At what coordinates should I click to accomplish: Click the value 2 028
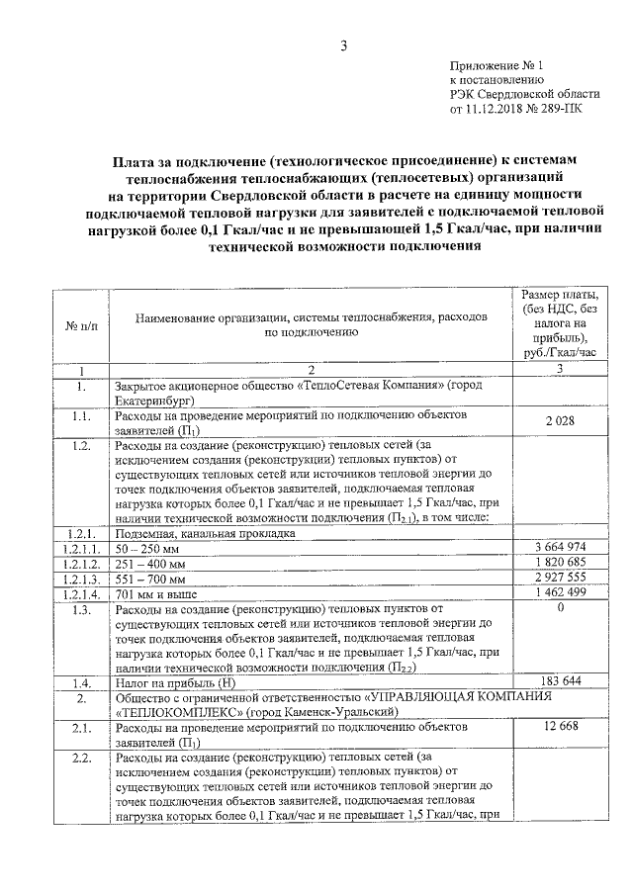point(560,420)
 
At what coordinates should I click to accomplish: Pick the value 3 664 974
point(560,547)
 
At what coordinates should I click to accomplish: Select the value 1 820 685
point(560,563)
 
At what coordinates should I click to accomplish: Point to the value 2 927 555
point(560,578)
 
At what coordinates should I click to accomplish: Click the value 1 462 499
point(560,592)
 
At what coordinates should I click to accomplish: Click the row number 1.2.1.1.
point(80,548)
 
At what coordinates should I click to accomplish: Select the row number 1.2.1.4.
point(80,594)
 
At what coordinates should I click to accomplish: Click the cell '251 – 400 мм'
point(151,564)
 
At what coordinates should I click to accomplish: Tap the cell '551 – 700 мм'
point(151,579)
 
